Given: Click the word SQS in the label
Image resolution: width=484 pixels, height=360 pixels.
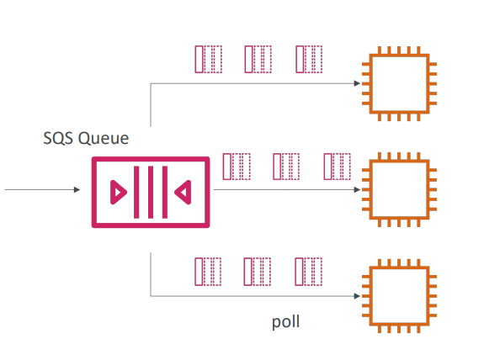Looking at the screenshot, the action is pos(58,138).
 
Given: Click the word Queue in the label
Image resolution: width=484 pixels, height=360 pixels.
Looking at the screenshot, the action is pos(104,139).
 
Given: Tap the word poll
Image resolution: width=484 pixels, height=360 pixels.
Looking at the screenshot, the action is pos(286,322).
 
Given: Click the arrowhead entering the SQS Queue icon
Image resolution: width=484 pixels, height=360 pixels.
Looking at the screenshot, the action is pos(77,190).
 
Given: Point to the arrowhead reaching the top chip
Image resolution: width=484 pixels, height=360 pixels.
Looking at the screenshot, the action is pos(357,83).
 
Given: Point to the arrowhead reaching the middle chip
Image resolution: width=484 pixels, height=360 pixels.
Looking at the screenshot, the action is pos(357,189).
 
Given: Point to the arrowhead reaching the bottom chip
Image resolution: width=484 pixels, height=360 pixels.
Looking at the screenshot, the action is pos(357,296).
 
